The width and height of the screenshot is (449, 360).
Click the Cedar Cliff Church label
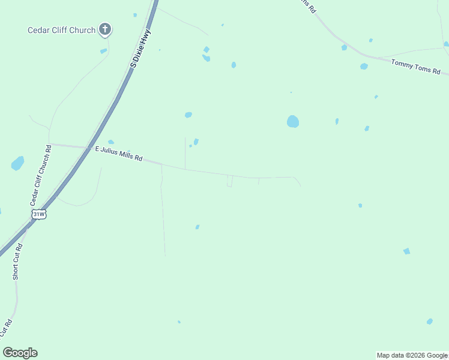tap(62, 30)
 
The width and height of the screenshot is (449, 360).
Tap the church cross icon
tap(105, 29)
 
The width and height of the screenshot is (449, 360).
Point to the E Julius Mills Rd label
tap(119, 154)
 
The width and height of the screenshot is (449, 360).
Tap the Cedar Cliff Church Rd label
tap(41, 174)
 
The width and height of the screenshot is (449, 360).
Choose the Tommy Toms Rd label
tap(415, 65)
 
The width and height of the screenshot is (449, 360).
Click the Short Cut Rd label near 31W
tap(17, 261)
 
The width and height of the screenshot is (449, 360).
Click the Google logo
tap(20, 353)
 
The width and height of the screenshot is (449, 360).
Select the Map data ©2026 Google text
tap(412, 355)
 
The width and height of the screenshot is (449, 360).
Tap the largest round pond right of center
tap(293, 121)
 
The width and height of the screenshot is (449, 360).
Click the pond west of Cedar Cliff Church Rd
tap(17, 163)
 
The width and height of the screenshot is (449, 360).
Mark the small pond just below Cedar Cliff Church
tap(103, 51)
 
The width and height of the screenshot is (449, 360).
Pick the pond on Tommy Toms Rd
tap(364, 66)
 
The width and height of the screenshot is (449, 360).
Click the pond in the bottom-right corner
tap(429, 322)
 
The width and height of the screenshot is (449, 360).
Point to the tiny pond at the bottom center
tap(179, 322)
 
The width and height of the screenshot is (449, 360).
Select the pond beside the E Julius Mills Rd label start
tap(111, 142)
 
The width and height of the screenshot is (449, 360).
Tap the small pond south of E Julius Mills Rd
tap(197, 227)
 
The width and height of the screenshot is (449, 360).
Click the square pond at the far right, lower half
tap(406, 251)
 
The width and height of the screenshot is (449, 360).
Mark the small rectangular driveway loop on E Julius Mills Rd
tap(230, 181)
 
